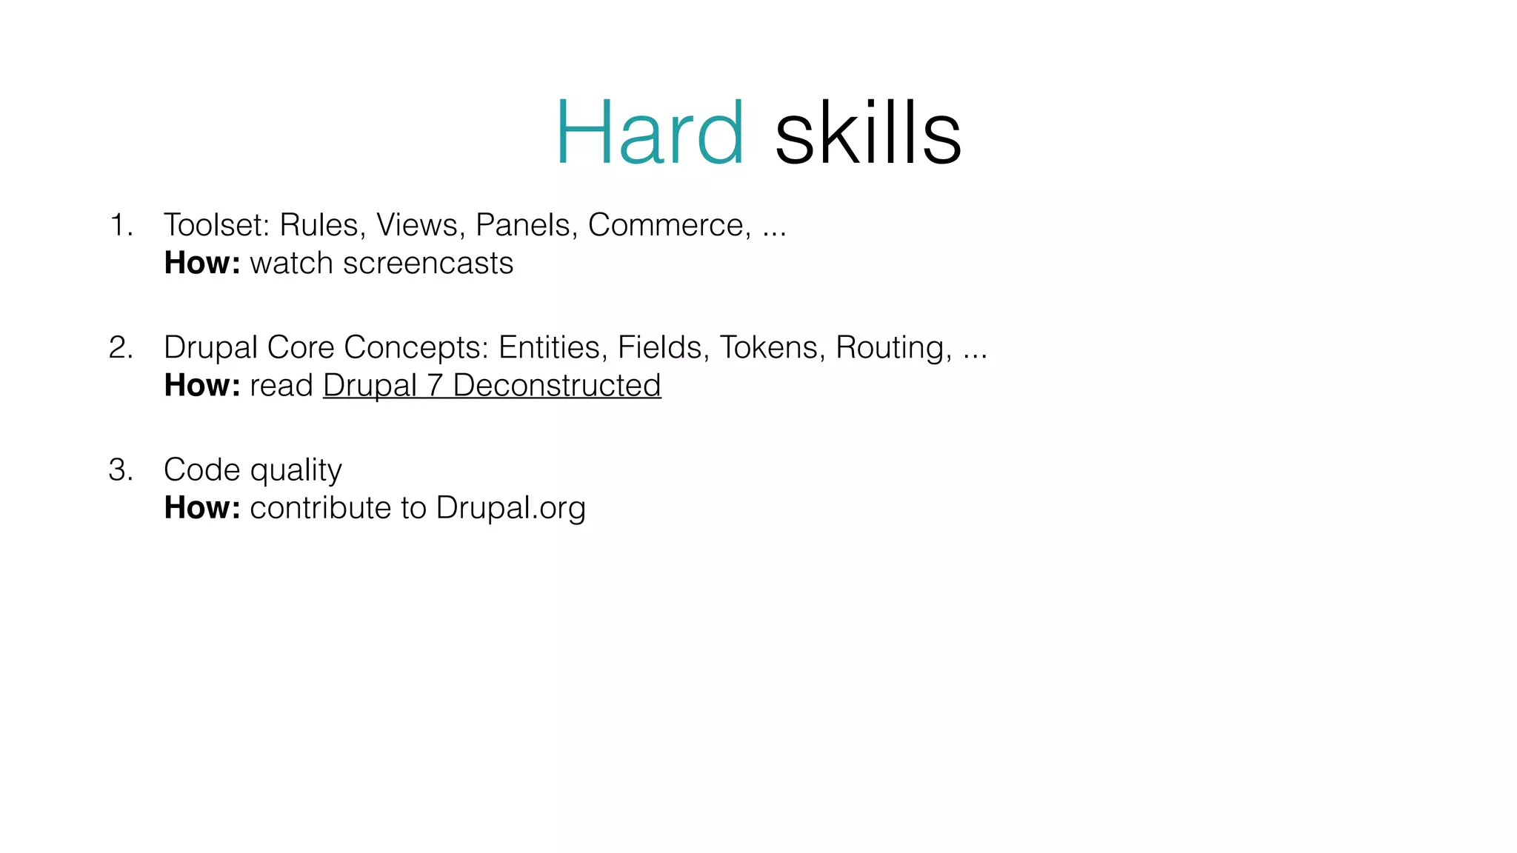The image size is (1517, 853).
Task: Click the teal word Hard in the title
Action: [x=650, y=133]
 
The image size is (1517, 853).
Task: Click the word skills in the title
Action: [x=867, y=133]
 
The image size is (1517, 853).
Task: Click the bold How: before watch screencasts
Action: [x=202, y=264]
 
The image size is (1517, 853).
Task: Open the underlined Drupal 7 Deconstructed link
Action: [x=492, y=386]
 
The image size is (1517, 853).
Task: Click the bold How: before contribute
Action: [x=202, y=508]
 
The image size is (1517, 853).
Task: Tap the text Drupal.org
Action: [x=510, y=509]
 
